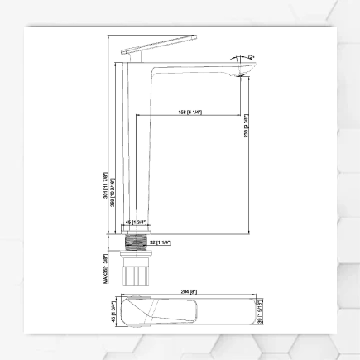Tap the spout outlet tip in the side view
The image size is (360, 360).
(x=240, y=74)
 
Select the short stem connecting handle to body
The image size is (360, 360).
(x=134, y=60)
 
